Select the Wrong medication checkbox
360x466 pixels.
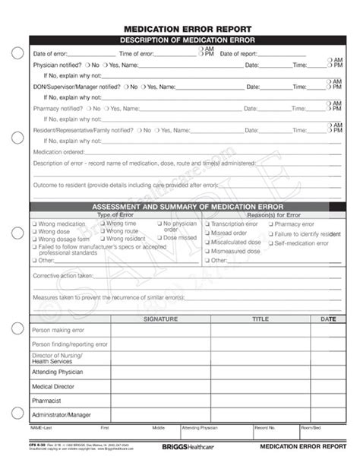pos(34,224)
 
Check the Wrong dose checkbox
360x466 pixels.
pos(34,232)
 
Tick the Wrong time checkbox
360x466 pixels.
pos(102,223)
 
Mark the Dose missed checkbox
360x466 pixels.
pos(159,237)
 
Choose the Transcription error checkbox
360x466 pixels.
pos(207,224)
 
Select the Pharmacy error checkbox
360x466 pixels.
pos(270,224)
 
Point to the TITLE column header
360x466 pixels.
pos(261,319)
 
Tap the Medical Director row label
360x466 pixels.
pos(53,386)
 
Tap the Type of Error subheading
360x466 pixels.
pos(114,214)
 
